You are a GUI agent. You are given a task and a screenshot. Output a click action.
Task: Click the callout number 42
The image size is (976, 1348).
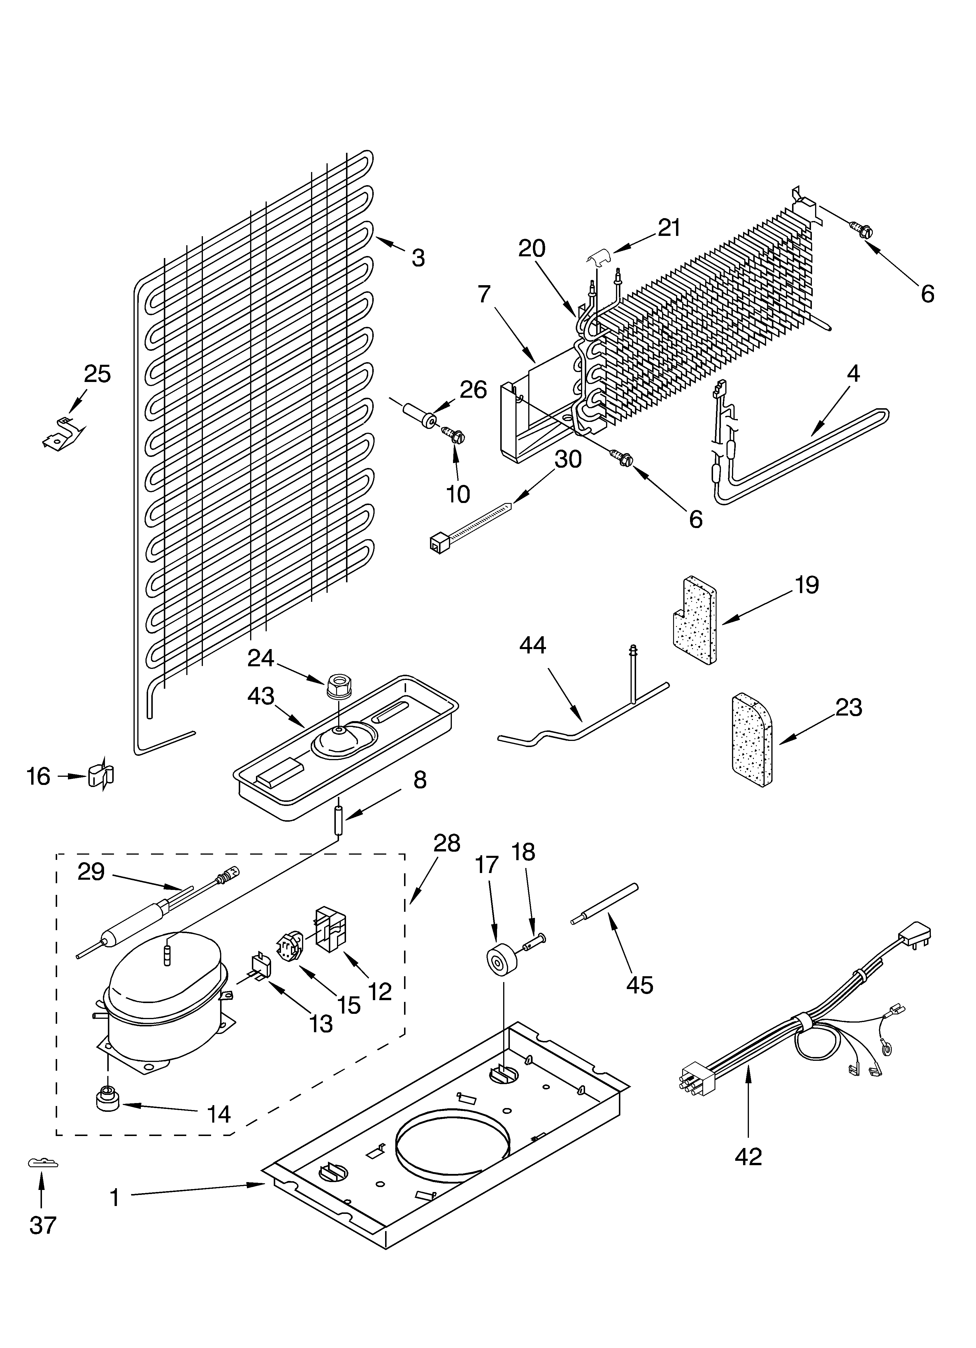tap(748, 1156)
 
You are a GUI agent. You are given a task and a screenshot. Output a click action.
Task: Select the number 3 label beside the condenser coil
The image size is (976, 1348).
tap(418, 257)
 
